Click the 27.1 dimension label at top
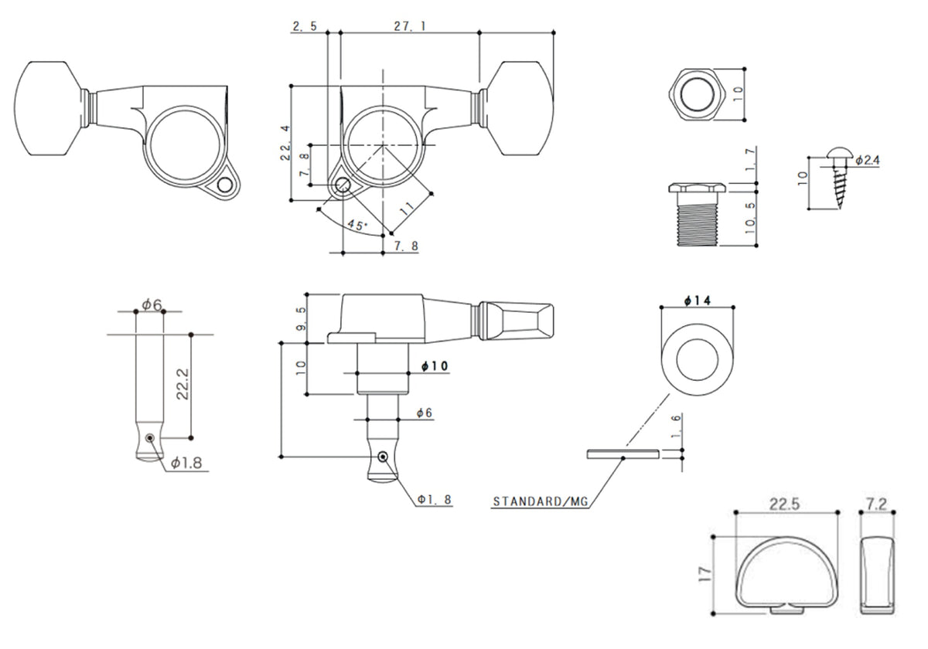tap(409, 25)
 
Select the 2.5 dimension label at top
tap(304, 25)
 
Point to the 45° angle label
tap(357, 225)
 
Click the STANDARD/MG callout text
tap(541, 501)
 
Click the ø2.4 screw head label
tap(868, 160)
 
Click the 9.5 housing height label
tap(301, 318)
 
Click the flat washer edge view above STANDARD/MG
tap(623, 454)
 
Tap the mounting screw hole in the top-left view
tap(224, 186)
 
